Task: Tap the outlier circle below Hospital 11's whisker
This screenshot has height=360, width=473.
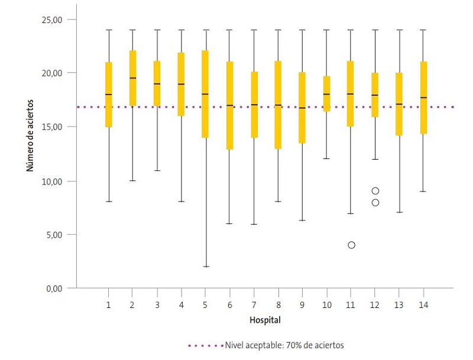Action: [x=352, y=245]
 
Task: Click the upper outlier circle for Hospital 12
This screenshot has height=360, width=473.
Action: [x=375, y=191]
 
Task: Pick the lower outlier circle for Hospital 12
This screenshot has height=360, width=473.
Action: [x=375, y=203]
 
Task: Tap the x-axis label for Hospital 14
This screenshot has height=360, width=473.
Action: [x=423, y=304]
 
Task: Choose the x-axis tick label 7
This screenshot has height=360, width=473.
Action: [x=254, y=304]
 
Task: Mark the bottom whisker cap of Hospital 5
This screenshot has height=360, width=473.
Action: [x=205, y=267]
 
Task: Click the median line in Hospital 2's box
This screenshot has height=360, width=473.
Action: [x=133, y=78]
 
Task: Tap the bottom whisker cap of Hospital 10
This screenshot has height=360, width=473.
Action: [x=326, y=159]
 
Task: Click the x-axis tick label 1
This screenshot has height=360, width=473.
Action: [x=109, y=304]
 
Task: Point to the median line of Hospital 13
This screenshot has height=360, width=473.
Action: [x=399, y=104]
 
